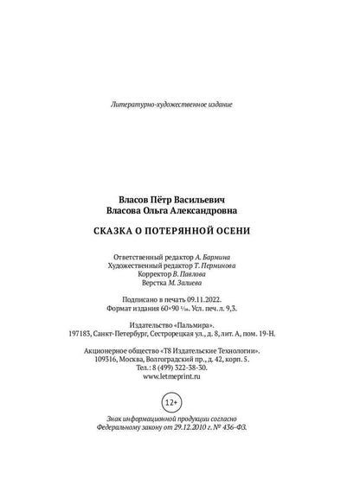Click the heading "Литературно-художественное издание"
[172, 103]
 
